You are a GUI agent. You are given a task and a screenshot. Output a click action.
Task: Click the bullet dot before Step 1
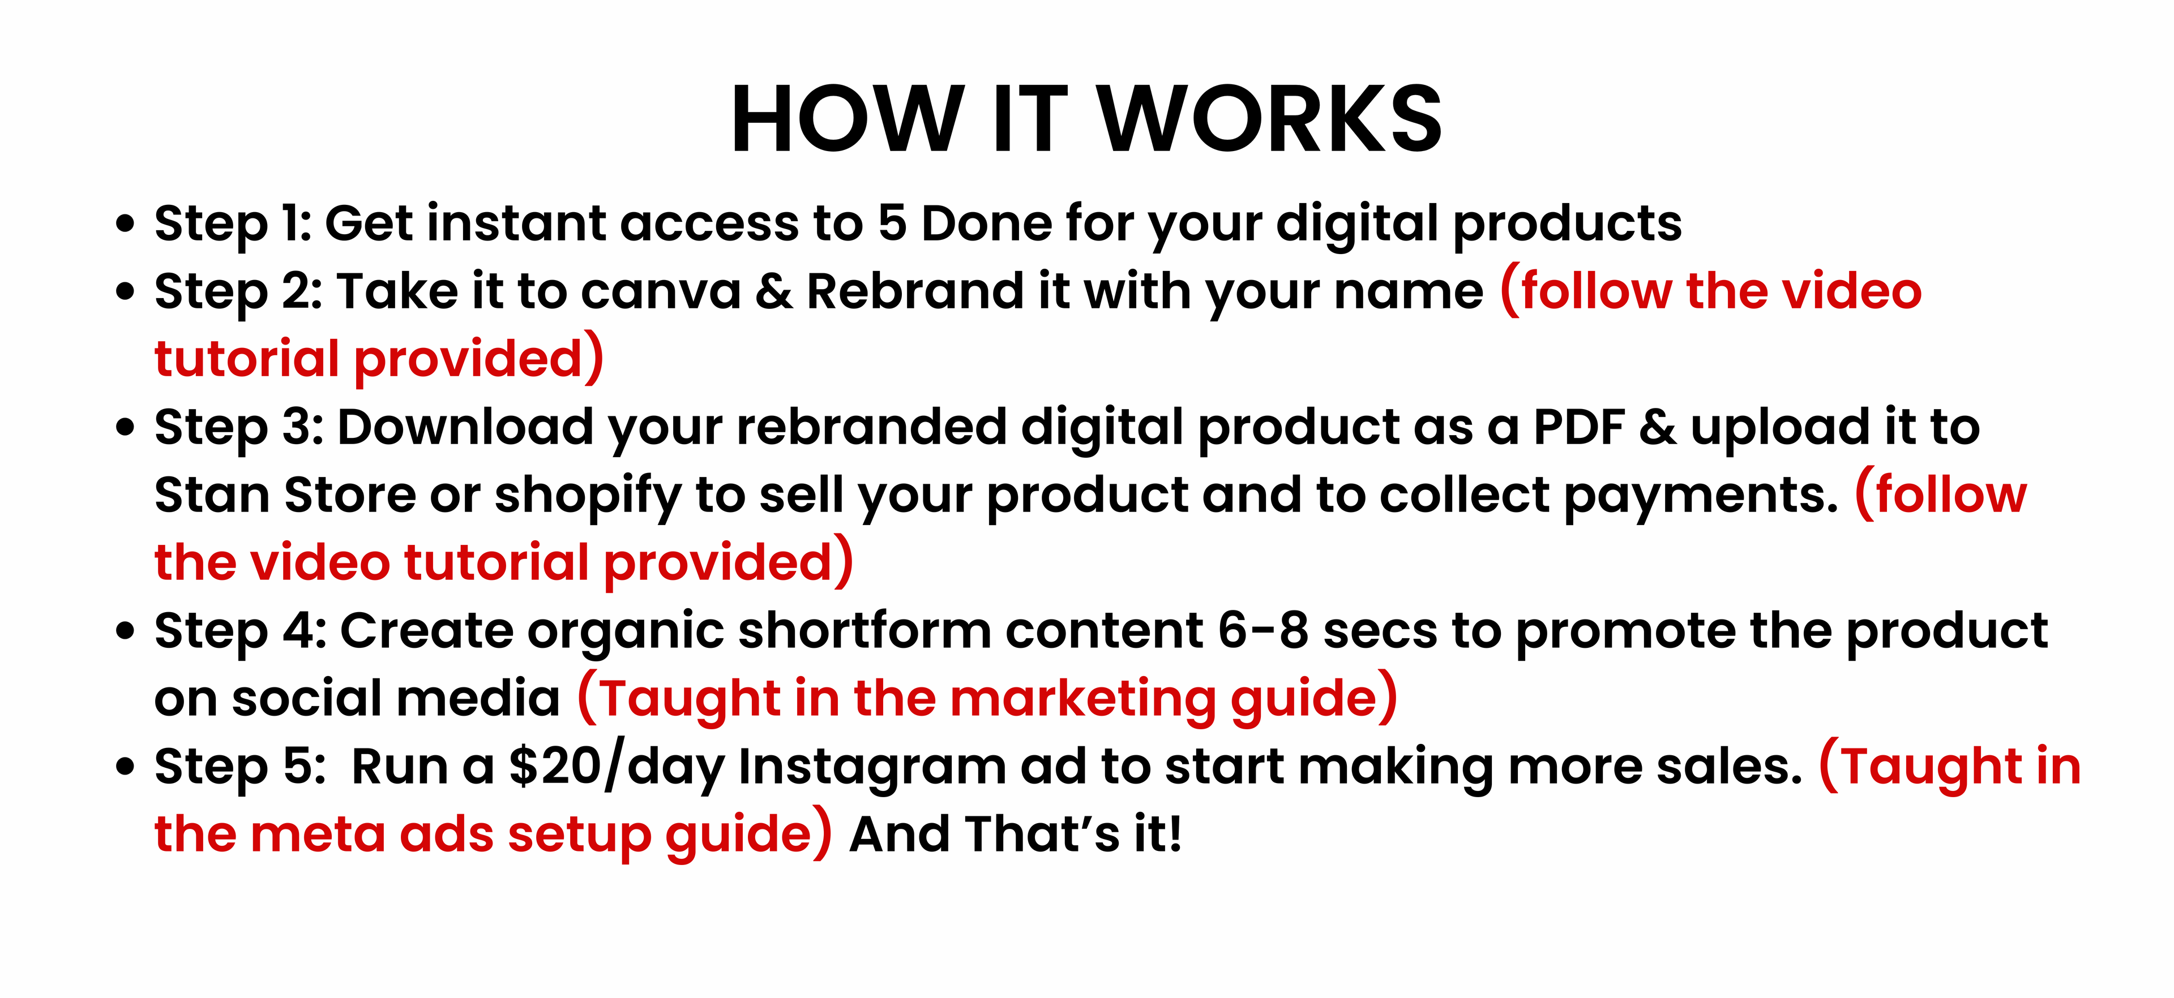click(x=125, y=225)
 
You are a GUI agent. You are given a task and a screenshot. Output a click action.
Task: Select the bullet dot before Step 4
click(x=125, y=632)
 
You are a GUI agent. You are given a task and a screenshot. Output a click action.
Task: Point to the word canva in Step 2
click(x=660, y=292)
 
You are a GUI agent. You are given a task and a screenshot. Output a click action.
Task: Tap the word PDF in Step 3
click(x=1578, y=427)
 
